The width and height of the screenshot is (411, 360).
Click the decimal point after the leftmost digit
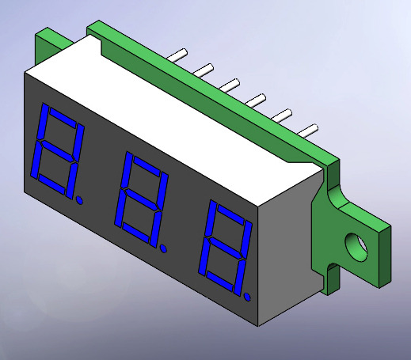click(79, 200)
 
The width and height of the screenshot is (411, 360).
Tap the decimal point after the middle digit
click(164, 248)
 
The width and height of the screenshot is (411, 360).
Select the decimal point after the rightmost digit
click(247, 297)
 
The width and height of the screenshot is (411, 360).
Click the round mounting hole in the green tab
click(356, 247)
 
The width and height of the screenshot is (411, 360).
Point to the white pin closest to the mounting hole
click(307, 131)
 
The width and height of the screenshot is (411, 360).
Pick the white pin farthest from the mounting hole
click(177, 55)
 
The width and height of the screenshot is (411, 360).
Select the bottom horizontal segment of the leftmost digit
click(51, 184)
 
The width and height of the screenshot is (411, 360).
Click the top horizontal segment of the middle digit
click(147, 165)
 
